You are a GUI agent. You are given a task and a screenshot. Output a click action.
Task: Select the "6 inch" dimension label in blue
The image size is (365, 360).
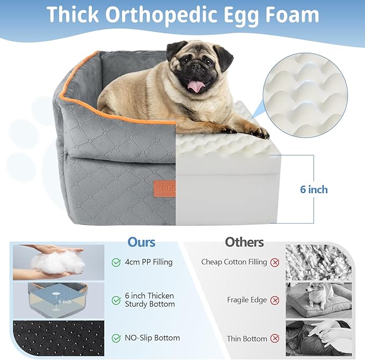(x=313, y=189)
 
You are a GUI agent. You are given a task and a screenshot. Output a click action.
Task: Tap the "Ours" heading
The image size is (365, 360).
(x=141, y=242)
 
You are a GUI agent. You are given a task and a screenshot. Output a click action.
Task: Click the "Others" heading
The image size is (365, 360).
(x=245, y=242)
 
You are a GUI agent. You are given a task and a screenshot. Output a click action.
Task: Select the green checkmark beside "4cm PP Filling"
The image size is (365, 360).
(x=116, y=263)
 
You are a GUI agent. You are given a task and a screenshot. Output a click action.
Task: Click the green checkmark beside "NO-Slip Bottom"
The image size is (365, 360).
(x=116, y=338)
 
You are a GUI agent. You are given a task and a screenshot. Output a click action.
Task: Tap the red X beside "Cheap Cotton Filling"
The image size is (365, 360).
(x=275, y=262)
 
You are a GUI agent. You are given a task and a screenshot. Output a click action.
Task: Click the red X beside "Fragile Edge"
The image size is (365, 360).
(x=275, y=300)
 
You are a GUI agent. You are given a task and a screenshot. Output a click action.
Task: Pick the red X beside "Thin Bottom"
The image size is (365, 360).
(x=275, y=338)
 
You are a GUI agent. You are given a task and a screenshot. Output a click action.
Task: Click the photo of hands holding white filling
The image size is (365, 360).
(x=58, y=263)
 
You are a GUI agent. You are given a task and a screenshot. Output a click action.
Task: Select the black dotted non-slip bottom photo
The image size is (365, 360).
(x=58, y=338)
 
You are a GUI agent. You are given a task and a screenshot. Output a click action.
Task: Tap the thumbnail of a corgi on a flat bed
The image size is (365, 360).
(x=318, y=300)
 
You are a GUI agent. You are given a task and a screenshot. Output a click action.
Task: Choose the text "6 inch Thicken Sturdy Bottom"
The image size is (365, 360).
(x=150, y=300)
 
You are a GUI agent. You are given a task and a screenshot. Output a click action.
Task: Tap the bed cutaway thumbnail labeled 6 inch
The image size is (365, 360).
(x=58, y=300)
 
